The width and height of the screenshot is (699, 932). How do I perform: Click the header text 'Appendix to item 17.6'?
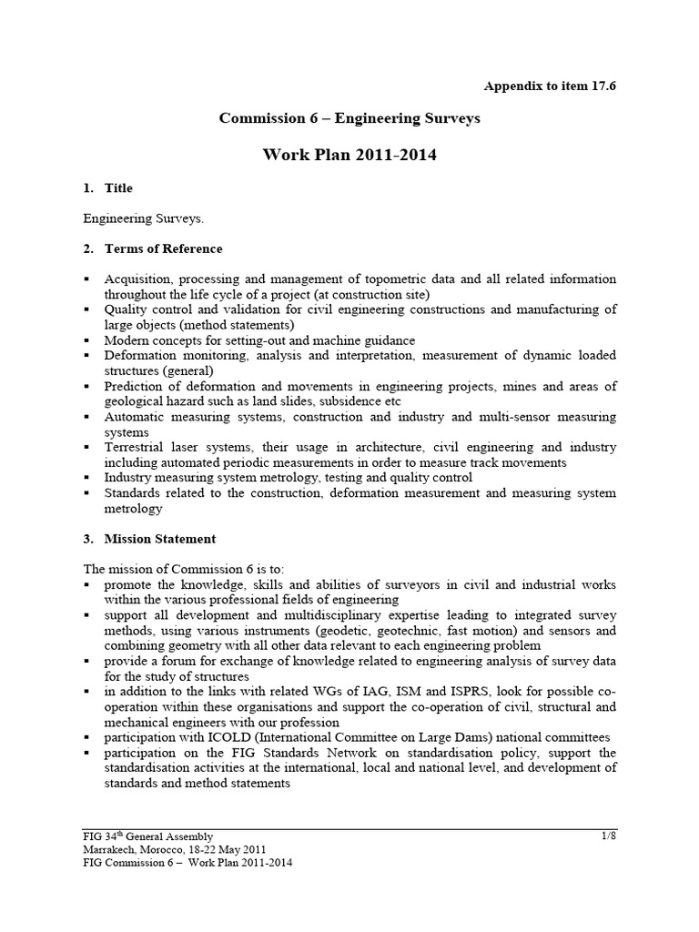[556, 86]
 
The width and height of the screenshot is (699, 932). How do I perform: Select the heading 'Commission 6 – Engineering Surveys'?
[349, 118]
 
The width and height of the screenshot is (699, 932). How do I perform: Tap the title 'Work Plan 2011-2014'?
[349, 155]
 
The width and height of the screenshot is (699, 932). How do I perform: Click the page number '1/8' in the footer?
[608, 836]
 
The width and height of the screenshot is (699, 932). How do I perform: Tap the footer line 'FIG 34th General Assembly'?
[147, 836]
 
